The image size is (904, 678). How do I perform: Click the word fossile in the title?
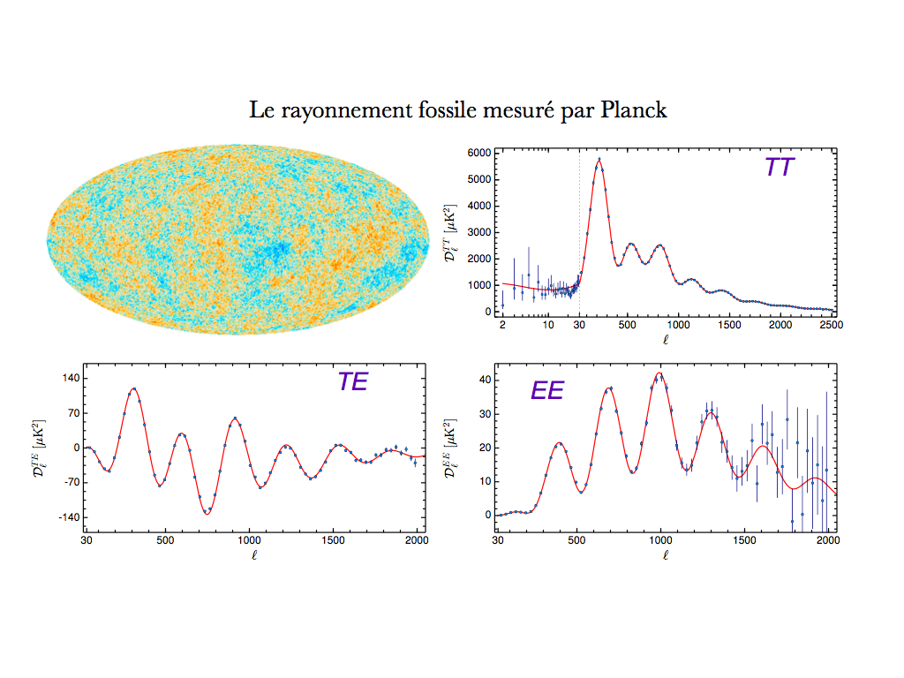click(x=429, y=111)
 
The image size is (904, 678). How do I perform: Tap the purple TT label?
click(x=779, y=167)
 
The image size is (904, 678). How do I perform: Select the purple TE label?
click(x=352, y=381)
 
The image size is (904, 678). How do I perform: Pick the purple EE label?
click(x=546, y=391)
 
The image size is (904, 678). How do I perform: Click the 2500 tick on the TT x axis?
click(x=829, y=325)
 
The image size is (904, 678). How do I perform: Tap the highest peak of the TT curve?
click(x=599, y=159)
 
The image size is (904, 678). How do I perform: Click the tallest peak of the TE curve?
click(x=133, y=388)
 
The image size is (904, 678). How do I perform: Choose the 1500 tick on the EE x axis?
click(x=744, y=539)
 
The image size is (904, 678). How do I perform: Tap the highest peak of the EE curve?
click(x=659, y=373)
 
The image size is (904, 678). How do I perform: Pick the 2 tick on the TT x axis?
click(x=501, y=325)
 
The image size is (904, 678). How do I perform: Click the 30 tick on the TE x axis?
click(x=87, y=539)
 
